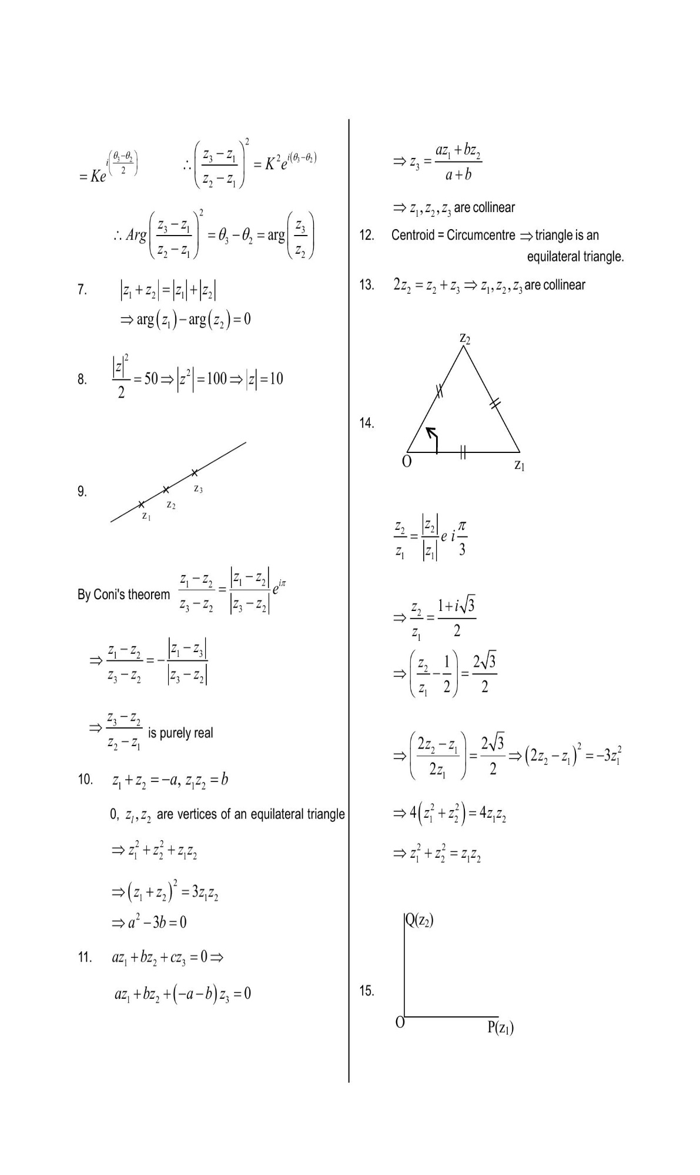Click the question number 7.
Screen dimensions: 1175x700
[82, 290]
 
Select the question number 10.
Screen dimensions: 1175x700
[85, 780]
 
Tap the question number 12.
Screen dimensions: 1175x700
[366, 236]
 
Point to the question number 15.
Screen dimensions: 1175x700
[366, 991]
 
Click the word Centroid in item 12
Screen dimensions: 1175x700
[413, 236]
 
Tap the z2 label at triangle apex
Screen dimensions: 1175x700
[464, 338]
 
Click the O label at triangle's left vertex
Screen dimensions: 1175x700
[406, 461]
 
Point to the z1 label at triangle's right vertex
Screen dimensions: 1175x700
[519, 466]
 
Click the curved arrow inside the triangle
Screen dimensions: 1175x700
[434, 439]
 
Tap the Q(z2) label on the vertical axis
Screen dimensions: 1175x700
[420, 920]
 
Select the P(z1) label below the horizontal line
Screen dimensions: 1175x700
[501, 1028]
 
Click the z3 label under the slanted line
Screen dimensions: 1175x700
[198, 489]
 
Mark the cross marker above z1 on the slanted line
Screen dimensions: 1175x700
[141, 504]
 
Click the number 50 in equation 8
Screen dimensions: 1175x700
[151, 379]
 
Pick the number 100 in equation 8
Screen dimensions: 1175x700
[216, 379]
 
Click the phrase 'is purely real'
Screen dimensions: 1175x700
[180, 733]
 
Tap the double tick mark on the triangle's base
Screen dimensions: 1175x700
[463, 452]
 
